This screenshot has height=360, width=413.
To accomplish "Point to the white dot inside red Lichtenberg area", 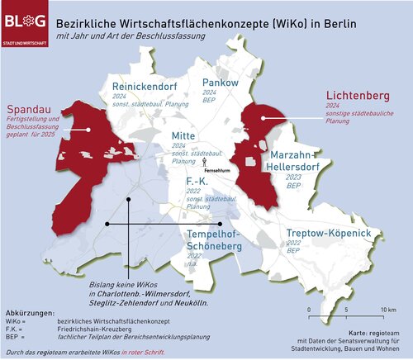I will point(260,119).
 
